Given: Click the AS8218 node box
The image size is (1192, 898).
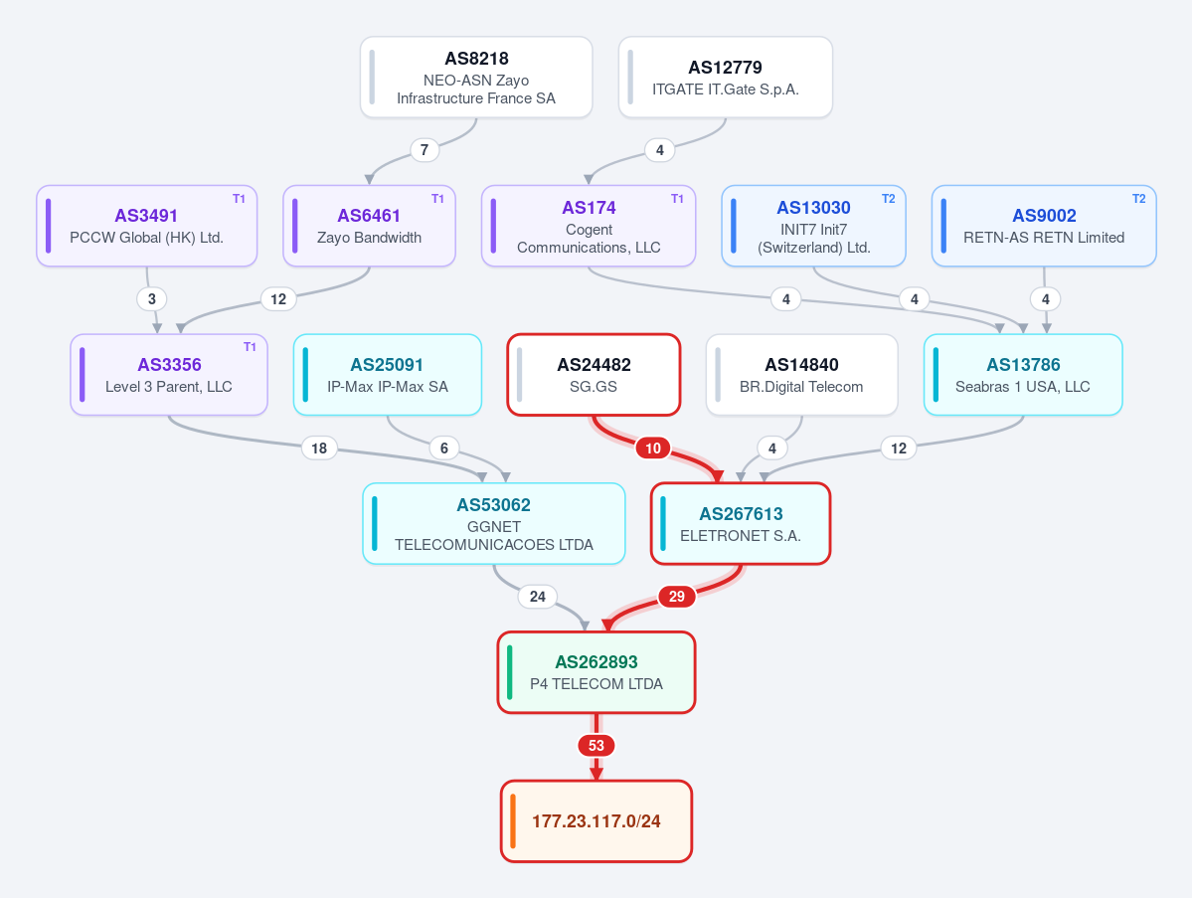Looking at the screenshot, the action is (x=476, y=77).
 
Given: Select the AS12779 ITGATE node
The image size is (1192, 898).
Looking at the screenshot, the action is (x=725, y=77).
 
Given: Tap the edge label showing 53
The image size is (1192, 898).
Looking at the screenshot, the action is (x=596, y=745).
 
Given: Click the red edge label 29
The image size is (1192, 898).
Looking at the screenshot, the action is (x=677, y=596).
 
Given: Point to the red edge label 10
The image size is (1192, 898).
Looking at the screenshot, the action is (x=653, y=448).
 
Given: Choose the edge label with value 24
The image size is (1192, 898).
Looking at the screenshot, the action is (x=538, y=596).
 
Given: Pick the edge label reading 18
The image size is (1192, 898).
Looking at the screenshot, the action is (x=319, y=448).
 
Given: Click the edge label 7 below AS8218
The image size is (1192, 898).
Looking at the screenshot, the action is (x=425, y=150).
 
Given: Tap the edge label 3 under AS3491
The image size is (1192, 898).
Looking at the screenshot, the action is (x=152, y=298).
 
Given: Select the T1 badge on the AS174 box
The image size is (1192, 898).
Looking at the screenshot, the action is (x=677, y=199).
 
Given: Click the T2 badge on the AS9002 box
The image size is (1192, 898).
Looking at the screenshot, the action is (x=1138, y=199).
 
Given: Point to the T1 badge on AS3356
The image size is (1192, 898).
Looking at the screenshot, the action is (x=250, y=347).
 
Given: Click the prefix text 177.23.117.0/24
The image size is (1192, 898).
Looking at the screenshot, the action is (x=596, y=821).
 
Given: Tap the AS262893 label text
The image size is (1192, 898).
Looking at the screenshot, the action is (x=596, y=662).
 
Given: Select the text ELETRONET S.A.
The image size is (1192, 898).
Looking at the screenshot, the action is (x=741, y=535).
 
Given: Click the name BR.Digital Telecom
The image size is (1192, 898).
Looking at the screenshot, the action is (x=801, y=386).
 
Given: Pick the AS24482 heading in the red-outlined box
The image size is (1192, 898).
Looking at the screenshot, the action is (x=594, y=365).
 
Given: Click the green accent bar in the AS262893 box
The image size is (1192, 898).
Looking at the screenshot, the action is (x=509, y=672).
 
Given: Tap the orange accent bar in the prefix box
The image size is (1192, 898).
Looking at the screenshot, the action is (x=513, y=821).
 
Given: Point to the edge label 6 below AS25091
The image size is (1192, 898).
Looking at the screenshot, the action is (x=444, y=448).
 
